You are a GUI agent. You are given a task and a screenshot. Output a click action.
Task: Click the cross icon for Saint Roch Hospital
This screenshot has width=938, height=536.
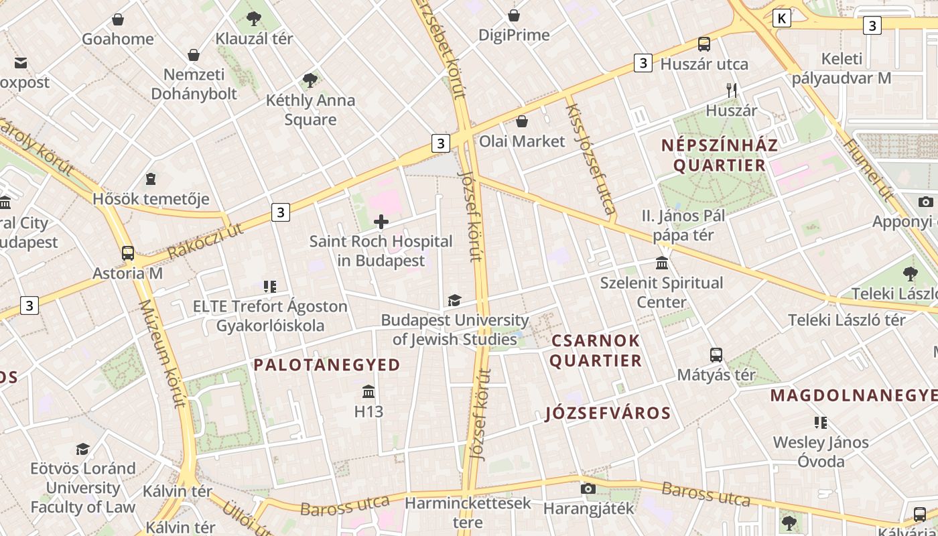point(381,222)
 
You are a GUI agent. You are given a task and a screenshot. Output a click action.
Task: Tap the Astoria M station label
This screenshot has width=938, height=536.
point(127,273)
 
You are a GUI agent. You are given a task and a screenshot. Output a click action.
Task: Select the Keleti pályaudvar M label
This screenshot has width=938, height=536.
point(842,68)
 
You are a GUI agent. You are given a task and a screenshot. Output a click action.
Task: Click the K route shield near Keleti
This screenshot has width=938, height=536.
point(781,18)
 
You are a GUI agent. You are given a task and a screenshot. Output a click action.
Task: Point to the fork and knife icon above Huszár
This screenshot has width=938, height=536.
point(732,90)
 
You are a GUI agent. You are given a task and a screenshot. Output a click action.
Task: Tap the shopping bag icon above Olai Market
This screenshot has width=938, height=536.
point(521,121)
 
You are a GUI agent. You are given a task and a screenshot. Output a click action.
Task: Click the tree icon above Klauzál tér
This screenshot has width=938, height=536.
point(254,19)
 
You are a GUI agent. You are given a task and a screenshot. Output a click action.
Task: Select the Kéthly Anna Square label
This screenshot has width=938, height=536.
point(310,110)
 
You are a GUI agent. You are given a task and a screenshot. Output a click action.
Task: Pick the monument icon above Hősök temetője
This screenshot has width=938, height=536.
point(151,179)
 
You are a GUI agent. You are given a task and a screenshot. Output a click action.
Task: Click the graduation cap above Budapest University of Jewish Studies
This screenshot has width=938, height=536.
point(455,300)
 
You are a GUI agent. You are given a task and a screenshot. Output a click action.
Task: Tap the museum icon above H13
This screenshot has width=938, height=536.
point(368,391)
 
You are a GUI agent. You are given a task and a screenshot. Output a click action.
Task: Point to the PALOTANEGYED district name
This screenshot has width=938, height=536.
point(327,365)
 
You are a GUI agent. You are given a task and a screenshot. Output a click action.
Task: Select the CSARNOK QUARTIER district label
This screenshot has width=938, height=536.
point(596,350)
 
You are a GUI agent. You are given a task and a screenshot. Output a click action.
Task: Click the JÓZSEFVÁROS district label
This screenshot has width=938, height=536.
point(608,413)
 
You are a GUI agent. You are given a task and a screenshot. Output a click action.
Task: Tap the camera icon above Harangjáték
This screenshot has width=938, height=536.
point(588,488)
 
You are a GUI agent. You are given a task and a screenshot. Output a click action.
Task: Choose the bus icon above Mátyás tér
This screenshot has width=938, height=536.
point(716,354)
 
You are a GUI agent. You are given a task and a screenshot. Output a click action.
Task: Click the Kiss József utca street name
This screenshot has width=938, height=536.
point(590,159)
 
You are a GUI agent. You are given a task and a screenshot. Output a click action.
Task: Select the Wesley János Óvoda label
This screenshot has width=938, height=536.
point(821,452)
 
